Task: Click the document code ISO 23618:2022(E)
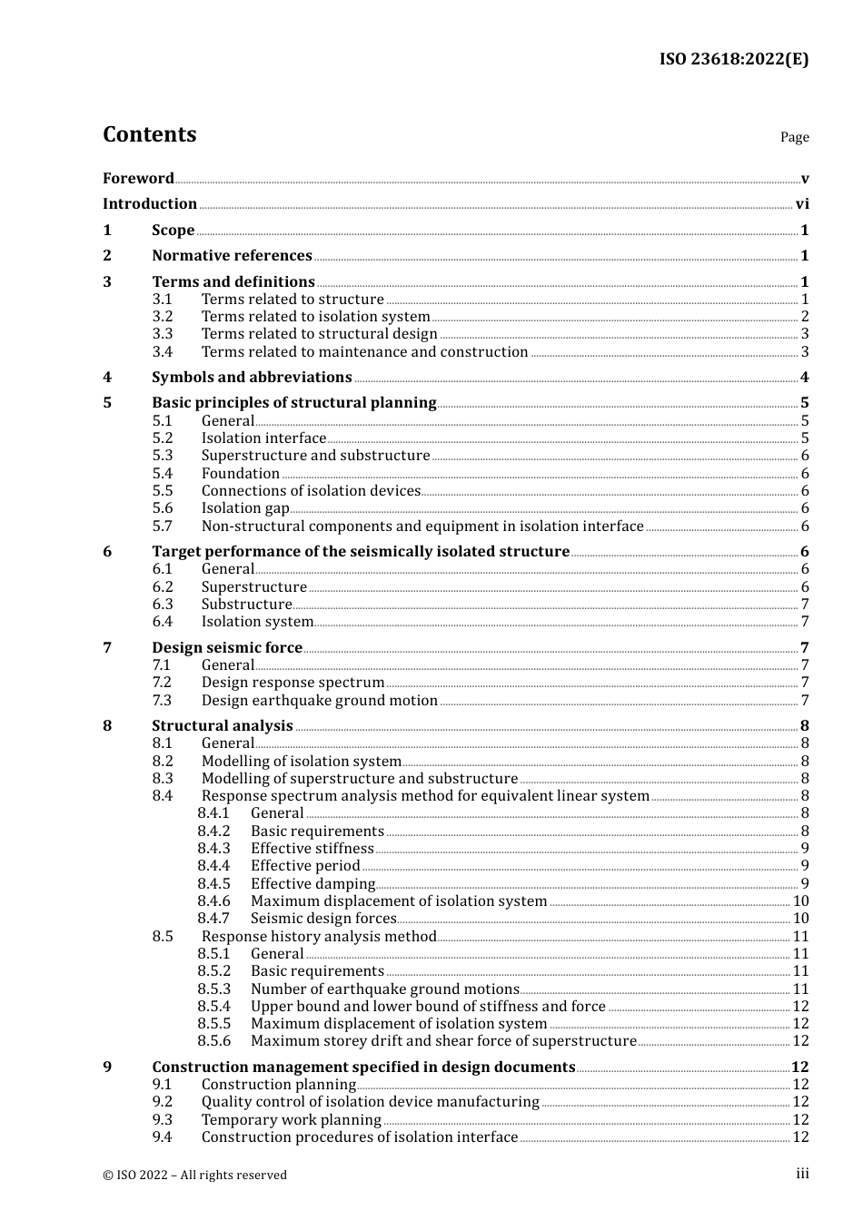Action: (733, 59)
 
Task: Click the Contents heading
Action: (149, 134)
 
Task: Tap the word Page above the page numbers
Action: (794, 137)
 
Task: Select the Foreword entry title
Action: (138, 178)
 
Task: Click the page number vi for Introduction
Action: (802, 204)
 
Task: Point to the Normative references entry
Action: (232, 256)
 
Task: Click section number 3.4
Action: (163, 352)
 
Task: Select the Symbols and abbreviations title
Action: (252, 378)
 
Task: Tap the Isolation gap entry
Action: (245, 508)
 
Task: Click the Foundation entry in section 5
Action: (241, 474)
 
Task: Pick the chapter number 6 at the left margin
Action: (107, 552)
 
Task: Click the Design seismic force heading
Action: (227, 648)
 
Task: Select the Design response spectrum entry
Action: (293, 683)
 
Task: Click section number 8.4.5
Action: (214, 884)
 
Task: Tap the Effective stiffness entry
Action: (312, 849)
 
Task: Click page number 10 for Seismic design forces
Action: (800, 919)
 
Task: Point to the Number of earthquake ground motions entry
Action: (385, 989)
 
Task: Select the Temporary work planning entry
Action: (292, 1120)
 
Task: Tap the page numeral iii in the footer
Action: (802, 1174)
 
